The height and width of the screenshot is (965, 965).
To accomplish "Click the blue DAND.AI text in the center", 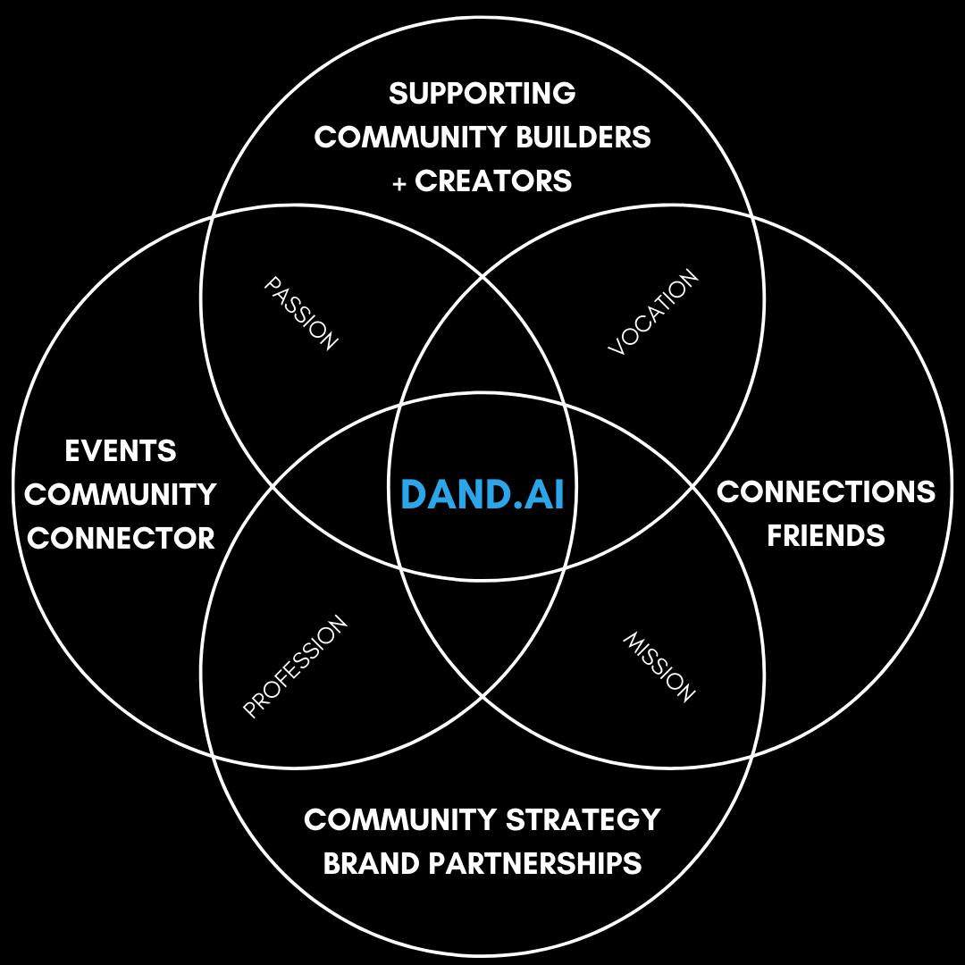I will tap(482, 494).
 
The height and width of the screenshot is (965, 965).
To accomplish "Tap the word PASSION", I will tap(303, 313).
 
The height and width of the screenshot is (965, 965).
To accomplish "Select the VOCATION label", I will tap(653, 314).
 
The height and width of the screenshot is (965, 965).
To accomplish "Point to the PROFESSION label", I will tap(295, 667).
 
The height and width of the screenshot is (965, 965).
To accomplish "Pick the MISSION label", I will tap(659, 667).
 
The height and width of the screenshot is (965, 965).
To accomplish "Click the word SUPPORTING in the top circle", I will tap(482, 93).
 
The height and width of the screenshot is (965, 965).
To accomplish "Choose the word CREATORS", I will tap(493, 181).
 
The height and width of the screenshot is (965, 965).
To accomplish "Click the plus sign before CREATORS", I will tap(399, 183).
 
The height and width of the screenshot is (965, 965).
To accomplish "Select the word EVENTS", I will tap(121, 451).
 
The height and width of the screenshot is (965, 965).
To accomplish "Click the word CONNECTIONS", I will tap(826, 492).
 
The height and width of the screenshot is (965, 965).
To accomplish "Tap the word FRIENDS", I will tap(826, 536).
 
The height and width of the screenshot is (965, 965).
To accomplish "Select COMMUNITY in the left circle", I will tap(128, 495).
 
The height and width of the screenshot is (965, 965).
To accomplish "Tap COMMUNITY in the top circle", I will tap(412, 138).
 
